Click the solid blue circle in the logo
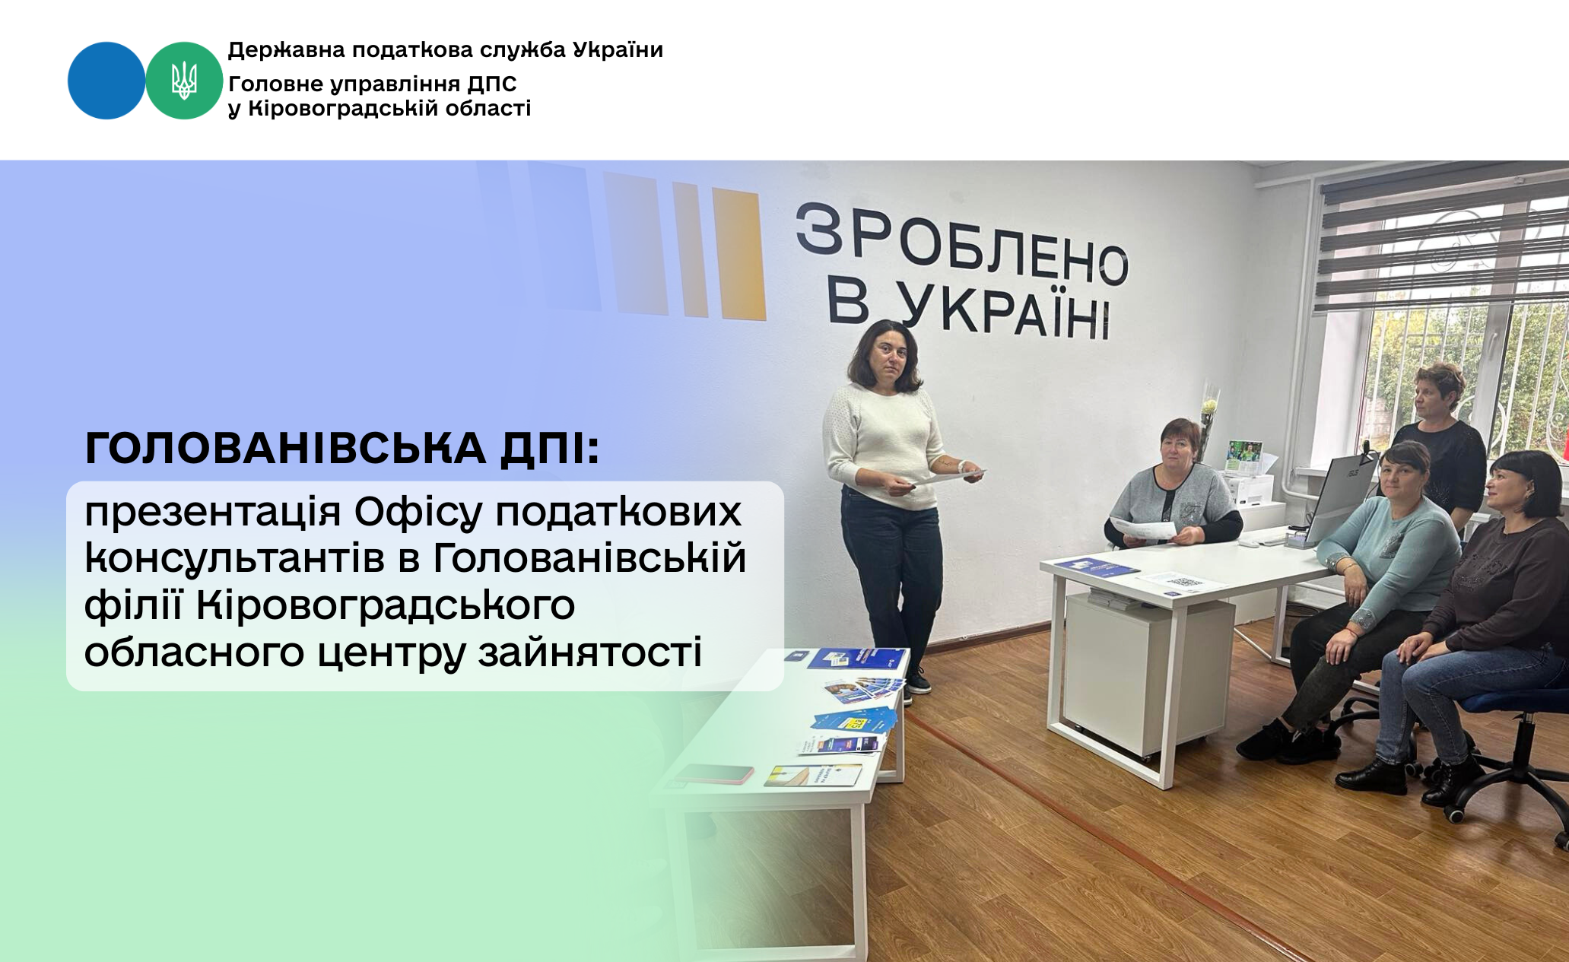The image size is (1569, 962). tap(106, 81)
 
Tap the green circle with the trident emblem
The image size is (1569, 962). tap(184, 81)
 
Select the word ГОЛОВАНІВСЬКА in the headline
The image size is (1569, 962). tap(285, 448)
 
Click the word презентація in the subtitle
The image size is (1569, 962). tap(212, 513)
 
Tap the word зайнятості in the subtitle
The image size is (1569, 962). tap(589, 653)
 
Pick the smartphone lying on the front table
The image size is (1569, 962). tap(713, 773)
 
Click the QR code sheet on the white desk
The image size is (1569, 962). tap(1180, 583)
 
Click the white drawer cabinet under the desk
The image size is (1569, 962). tap(1148, 673)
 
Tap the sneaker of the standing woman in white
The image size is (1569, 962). tap(917, 681)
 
